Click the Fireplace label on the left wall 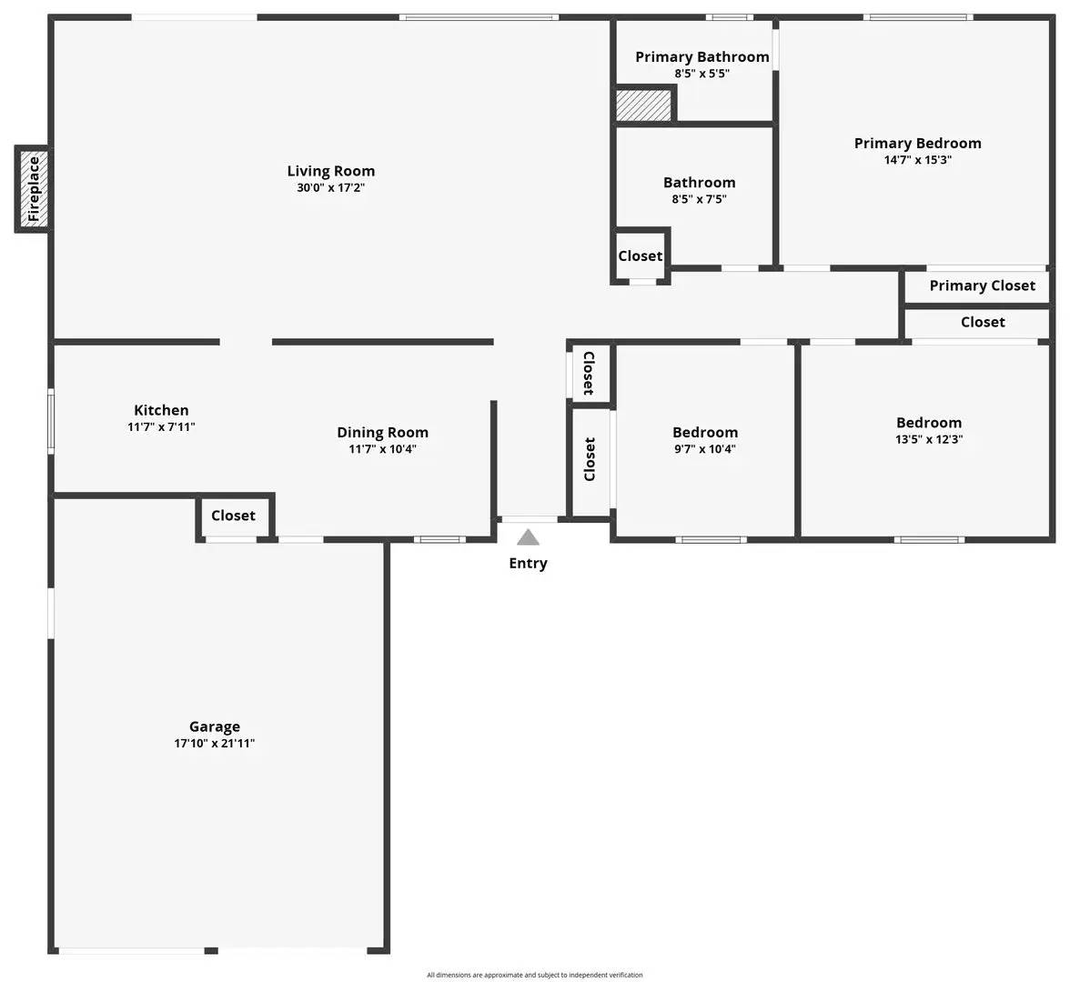click(34, 189)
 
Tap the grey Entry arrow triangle click(528, 537)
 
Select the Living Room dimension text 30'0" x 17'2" click(330, 188)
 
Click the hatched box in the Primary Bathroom click(644, 105)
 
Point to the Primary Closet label click(982, 286)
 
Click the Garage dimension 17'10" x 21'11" click(215, 743)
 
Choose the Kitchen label click(161, 410)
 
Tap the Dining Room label click(382, 432)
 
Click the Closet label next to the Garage click(233, 516)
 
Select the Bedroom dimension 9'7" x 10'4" click(704, 449)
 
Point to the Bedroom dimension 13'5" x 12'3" click(928, 439)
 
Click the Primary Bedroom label click(917, 143)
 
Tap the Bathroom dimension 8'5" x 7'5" click(699, 199)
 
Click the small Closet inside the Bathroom click(640, 256)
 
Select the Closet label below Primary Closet click(983, 322)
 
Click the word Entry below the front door click(528, 564)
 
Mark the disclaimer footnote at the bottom click(534, 975)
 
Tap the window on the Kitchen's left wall click(51, 420)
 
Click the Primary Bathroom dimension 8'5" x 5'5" click(702, 74)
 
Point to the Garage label click(215, 726)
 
